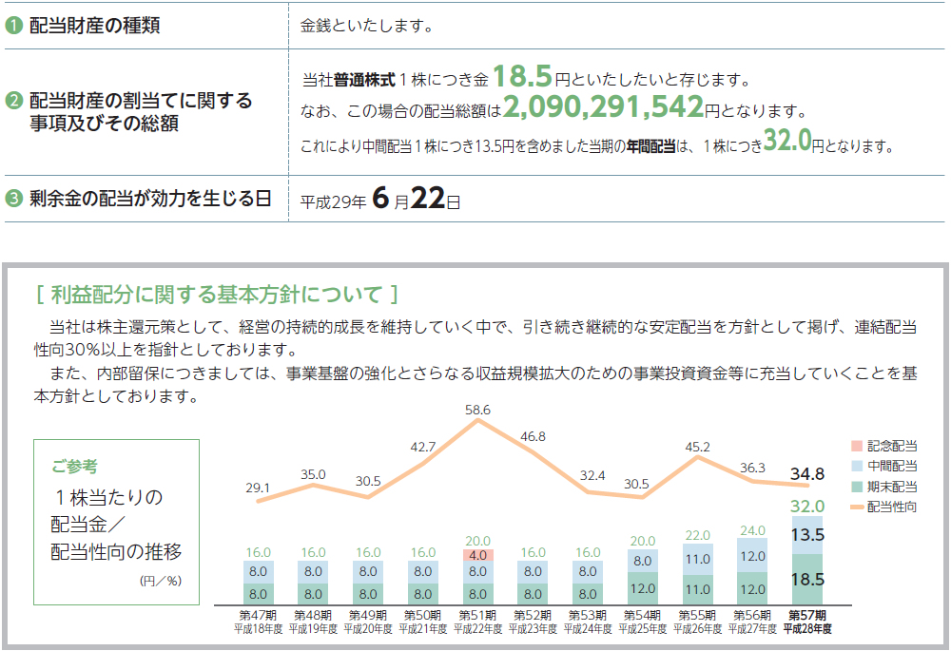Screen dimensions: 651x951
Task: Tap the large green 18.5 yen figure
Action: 523,77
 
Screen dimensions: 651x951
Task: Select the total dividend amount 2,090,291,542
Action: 603,108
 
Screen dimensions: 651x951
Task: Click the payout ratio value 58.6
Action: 478,410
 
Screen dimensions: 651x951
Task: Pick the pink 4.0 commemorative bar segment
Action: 478,555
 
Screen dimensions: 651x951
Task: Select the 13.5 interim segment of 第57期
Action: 808,535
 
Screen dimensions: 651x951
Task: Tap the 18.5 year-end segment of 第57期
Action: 808,578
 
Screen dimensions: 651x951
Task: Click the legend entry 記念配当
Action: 890,446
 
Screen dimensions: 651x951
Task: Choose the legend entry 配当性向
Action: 890,507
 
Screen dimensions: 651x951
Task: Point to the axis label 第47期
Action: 259,614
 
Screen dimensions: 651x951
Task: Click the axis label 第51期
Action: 478,614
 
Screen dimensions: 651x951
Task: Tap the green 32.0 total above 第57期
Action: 806,507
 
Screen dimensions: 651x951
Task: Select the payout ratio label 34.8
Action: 806,473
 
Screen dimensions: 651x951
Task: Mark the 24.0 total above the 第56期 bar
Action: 752,530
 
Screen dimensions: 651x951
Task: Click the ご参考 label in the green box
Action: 74,467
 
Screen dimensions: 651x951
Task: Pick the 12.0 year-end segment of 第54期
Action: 643,588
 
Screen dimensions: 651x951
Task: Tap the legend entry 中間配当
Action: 890,466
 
